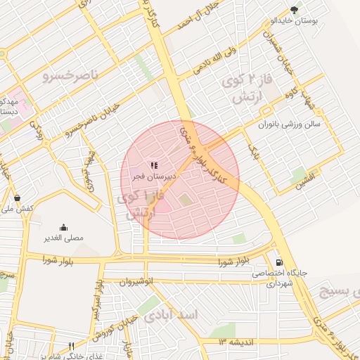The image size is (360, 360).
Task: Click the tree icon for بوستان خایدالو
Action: (294, 9)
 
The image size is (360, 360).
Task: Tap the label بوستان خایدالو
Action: (295, 21)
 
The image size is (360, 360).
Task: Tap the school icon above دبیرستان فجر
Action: (154, 165)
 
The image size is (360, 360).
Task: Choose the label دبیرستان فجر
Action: (155, 177)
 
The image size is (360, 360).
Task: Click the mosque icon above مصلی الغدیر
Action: (64, 227)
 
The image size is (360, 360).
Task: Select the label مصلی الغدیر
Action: (64, 238)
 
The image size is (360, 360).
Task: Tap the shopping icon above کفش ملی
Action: (17, 198)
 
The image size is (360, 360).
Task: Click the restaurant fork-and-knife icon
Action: (71, 346)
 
